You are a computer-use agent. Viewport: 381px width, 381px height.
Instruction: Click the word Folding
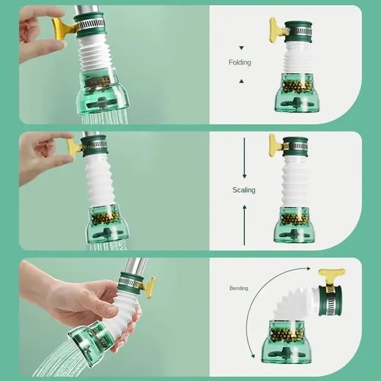pos(239,63)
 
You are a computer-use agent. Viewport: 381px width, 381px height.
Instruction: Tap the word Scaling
pos(243,190)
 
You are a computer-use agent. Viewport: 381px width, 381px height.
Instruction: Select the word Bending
pos(239,288)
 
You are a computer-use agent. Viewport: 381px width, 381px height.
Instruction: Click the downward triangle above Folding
pos(241,48)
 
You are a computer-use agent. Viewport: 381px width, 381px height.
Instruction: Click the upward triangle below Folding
pos(241,81)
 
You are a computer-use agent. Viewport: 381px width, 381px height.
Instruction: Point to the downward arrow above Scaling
pos(245,158)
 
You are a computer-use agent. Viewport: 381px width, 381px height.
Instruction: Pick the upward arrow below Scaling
pos(245,225)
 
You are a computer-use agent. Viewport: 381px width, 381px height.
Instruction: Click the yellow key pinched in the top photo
pos(63,29)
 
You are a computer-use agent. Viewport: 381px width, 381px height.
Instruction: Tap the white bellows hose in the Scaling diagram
pos(295,181)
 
